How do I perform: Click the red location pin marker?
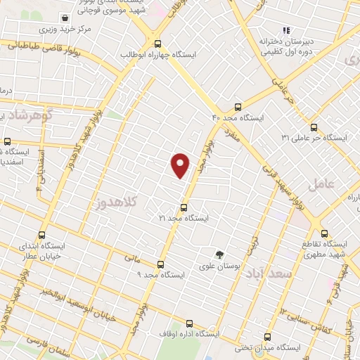click(181, 165)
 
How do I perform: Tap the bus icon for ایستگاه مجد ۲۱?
click(184, 207)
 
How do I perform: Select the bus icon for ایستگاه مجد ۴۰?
click(238, 107)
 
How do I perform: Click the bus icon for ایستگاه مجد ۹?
click(161, 264)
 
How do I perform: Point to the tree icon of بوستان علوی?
click(219, 255)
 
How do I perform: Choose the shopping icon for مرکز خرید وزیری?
click(65, 18)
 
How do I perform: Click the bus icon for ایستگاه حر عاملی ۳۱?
click(314, 127)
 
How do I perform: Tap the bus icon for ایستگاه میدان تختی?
click(267, 337)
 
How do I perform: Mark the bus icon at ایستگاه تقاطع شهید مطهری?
click(325, 233)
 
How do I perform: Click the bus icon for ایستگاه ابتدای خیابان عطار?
click(41, 236)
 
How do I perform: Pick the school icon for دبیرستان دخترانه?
click(286, 30)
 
